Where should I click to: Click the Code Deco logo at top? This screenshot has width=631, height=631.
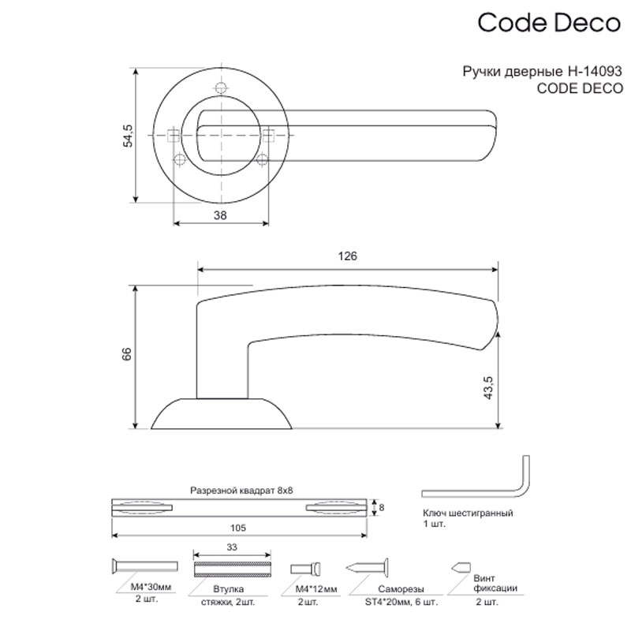click(x=549, y=22)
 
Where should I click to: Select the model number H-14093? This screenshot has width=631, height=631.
click(x=595, y=71)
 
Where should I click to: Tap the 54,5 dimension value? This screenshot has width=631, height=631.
click(x=128, y=136)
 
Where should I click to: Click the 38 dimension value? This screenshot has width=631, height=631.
click(x=220, y=215)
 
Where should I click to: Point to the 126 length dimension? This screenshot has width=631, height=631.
click(x=347, y=256)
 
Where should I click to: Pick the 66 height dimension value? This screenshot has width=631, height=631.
click(x=127, y=353)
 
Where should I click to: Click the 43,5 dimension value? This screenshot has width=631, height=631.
click(x=488, y=387)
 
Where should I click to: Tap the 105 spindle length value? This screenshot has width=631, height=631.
click(x=238, y=528)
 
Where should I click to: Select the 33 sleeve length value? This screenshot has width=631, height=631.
click(x=232, y=547)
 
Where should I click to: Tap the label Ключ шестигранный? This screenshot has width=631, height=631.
click(x=468, y=513)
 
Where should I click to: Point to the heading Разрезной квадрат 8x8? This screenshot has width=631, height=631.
click(x=241, y=491)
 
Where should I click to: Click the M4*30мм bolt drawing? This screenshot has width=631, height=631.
click(x=144, y=566)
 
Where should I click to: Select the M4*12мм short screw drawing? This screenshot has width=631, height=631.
click(x=306, y=569)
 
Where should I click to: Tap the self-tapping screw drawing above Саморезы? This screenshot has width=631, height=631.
click(x=367, y=568)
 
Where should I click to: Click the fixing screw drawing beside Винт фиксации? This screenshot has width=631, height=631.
click(x=461, y=567)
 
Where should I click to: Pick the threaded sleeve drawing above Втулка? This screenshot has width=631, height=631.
click(x=232, y=569)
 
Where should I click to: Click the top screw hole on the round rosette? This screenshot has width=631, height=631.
click(x=221, y=88)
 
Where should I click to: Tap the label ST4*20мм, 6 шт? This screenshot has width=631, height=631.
click(x=401, y=602)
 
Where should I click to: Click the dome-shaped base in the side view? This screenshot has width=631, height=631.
click(x=222, y=413)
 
